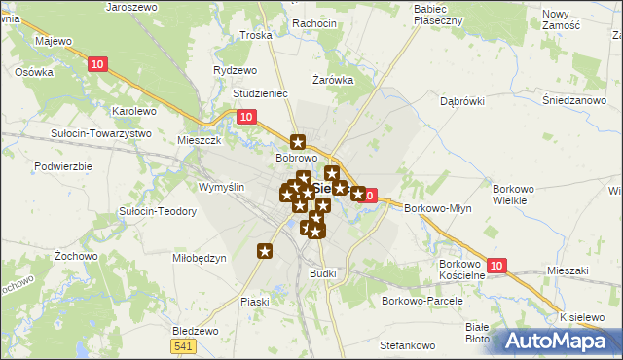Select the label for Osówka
tap(33, 72)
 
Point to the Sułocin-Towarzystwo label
tap(102, 132)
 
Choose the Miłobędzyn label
tap(200, 258)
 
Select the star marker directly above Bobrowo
tap(298, 140)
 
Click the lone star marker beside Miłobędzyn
tap(265, 252)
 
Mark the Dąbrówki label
tap(462, 100)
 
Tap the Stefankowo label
tap(407, 345)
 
